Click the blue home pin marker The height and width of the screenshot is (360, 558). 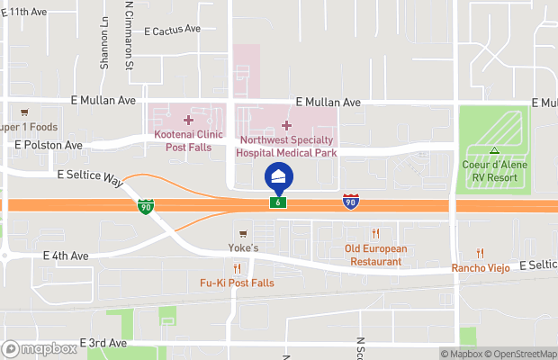278,177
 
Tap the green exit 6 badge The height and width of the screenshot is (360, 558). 280,204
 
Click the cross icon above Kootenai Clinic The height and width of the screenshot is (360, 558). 188,120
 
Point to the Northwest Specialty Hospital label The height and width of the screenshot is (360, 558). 285,147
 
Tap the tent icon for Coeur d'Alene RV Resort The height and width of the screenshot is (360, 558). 494,150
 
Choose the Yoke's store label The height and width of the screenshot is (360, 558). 242,247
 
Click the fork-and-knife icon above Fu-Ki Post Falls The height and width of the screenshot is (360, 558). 237,268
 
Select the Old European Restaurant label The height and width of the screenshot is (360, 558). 375,255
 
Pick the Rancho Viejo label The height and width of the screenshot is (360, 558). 480,268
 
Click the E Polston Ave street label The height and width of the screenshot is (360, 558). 49,144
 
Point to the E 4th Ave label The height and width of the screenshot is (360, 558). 66,256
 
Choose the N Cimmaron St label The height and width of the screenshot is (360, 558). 130,36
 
